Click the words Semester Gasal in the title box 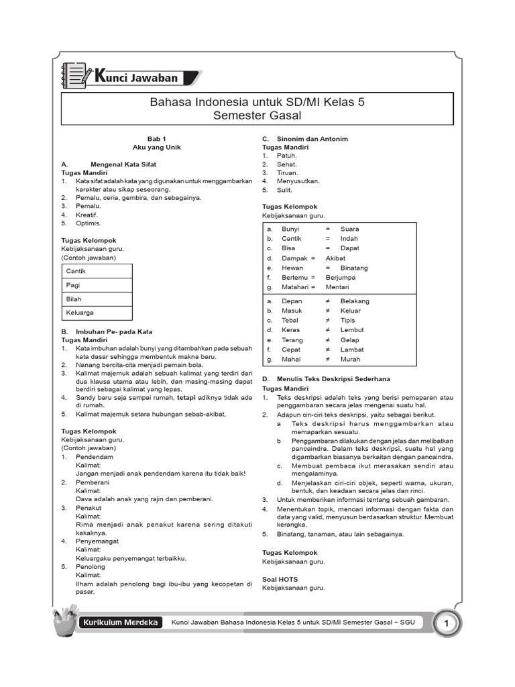click(x=257, y=116)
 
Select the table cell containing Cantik click(x=97, y=271)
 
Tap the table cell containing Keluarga click(x=97, y=313)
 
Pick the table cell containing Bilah click(x=97, y=299)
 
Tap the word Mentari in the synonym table click(x=338, y=287)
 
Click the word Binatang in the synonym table click(x=354, y=268)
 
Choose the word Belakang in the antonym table click(x=355, y=301)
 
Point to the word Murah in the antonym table click(x=350, y=360)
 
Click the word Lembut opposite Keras click(x=352, y=330)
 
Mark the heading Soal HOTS click(x=280, y=578)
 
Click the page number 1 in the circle click(x=445, y=625)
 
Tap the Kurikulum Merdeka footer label click(x=121, y=623)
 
